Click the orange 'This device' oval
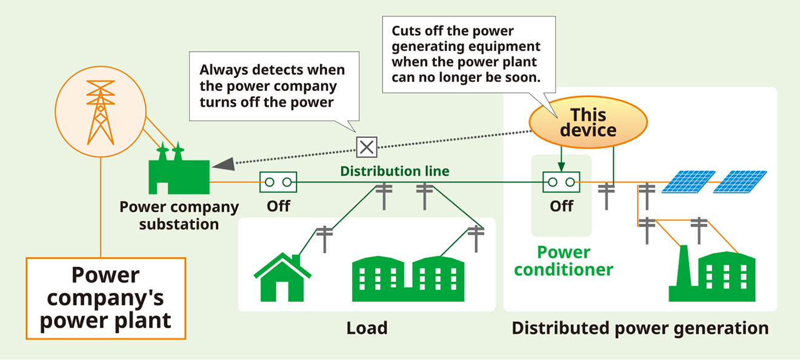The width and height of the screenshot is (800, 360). tap(588, 122)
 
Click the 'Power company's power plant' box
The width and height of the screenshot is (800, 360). tap(105, 298)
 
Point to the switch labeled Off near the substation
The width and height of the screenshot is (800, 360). tap(278, 181)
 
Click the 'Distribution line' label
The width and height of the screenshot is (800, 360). tap(395, 171)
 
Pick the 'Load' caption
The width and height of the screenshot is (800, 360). tap(367, 328)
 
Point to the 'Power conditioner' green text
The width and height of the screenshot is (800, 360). tap(564, 260)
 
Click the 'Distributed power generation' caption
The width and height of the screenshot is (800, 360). tap(640, 328)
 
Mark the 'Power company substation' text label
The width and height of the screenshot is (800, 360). tap(179, 215)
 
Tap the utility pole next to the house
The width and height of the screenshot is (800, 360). tap(325, 238)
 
